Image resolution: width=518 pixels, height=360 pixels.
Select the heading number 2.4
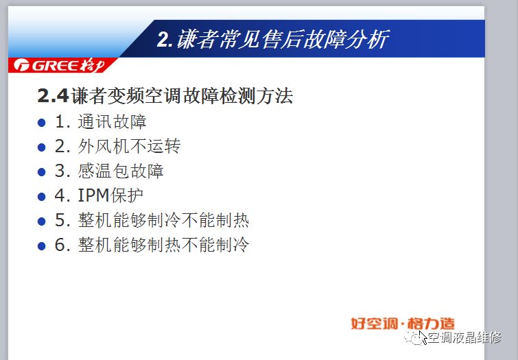click(x=54, y=96)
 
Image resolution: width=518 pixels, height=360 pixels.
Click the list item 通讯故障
click(x=113, y=121)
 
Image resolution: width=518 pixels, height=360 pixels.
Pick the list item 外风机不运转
click(x=129, y=146)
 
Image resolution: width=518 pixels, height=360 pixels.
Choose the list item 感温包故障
click(x=121, y=171)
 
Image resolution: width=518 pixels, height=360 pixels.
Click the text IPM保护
click(x=110, y=195)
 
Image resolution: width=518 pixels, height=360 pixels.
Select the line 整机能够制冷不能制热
click(x=163, y=220)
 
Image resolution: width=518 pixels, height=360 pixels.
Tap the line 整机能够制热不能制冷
click(x=163, y=245)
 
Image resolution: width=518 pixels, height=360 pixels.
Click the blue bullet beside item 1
click(x=42, y=123)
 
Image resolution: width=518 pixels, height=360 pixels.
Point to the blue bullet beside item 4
click(x=42, y=197)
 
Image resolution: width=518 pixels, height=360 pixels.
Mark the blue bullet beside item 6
click(x=42, y=246)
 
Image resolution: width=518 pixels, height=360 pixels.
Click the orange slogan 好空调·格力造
click(x=403, y=324)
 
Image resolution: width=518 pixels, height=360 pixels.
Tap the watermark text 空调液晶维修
click(x=464, y=337)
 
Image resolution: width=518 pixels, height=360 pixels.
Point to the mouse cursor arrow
click(x=423, y=337)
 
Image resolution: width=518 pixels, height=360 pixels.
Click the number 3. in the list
click(x=62, y=171)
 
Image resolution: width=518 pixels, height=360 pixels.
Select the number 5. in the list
click(x=62, y=220)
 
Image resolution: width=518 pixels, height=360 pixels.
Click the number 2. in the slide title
click(x=165, y=40)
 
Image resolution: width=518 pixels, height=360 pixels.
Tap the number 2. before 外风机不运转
click(x=62, y=146)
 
